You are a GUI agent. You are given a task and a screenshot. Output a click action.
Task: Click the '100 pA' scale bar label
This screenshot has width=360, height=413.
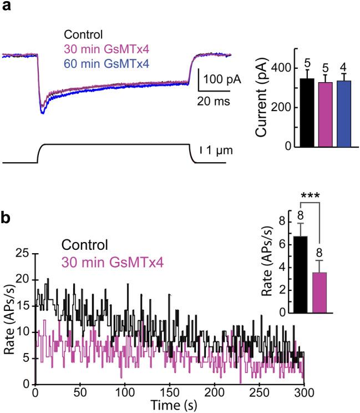222,79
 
